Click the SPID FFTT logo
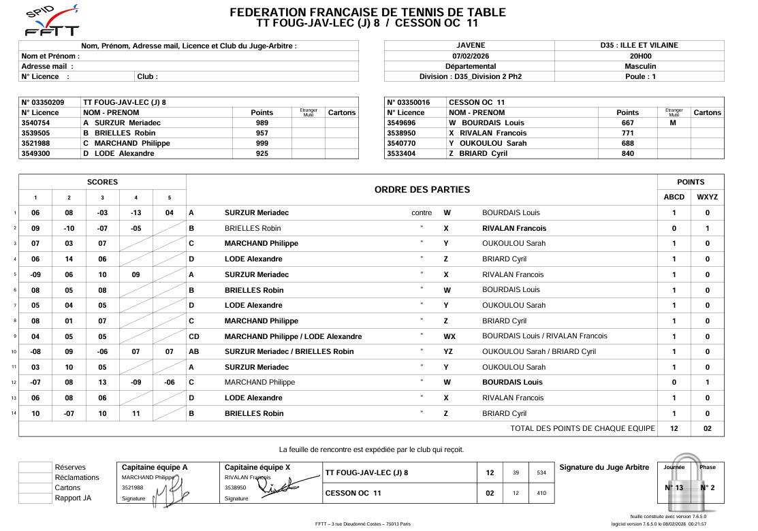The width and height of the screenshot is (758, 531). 51,21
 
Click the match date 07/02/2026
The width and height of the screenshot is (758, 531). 470,56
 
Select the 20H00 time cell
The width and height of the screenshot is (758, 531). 639,56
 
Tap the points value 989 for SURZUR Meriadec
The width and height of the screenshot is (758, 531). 262,123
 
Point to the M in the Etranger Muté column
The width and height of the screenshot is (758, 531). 673,123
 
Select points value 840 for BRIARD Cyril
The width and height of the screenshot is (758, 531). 627,153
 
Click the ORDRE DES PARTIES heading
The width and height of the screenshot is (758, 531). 422,189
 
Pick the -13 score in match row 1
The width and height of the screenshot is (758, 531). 136,212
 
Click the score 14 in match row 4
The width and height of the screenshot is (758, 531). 69,259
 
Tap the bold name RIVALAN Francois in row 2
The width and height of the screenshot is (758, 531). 514,228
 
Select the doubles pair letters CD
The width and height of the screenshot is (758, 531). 194,336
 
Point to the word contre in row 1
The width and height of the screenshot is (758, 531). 422,212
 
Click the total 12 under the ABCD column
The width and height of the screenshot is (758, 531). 674,428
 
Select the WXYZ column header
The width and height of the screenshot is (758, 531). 707,197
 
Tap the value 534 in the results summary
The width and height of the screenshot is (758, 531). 541,472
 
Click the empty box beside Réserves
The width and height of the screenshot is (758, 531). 35,467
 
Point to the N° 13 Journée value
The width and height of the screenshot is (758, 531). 674,487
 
